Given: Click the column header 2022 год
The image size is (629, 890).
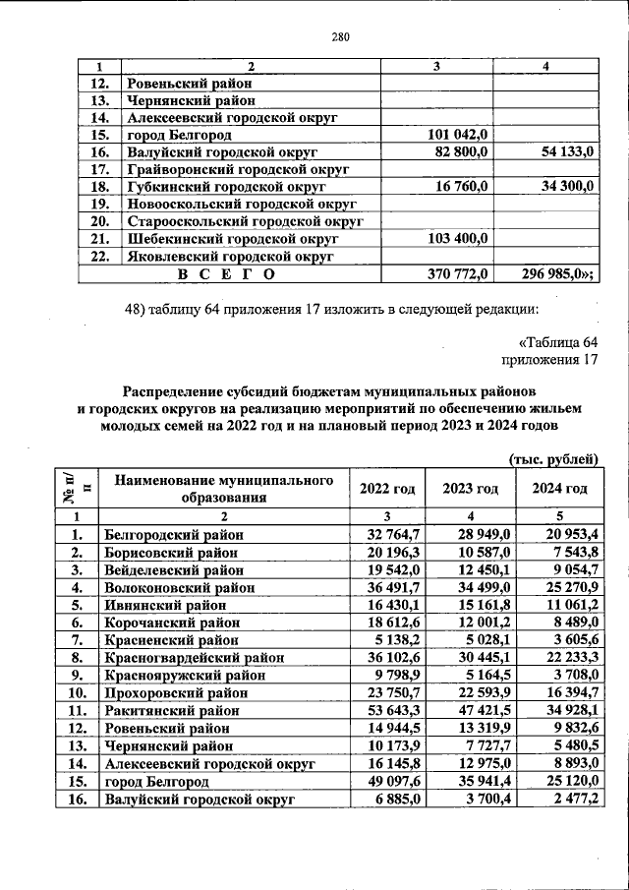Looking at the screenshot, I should (x=387, y=489).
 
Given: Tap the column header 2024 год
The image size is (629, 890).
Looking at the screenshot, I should (x=559, y=489).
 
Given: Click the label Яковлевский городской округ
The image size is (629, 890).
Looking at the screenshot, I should (x=230, y=256).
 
